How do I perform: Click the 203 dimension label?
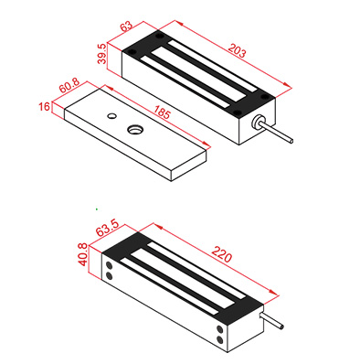click(x=237, y=51)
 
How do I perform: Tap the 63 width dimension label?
click(x=127, y=26)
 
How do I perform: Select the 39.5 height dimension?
click(x=102, y=54)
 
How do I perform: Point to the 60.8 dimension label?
click(x=69, y=86)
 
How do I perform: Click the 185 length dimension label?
click(x=161, y=112)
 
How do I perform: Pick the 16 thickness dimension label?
click(x=44, y=107)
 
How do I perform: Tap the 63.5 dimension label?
click(x=107, y=228)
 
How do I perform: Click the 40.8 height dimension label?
click(x=83, y=254)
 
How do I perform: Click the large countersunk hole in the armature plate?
click(x=134, y=129)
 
